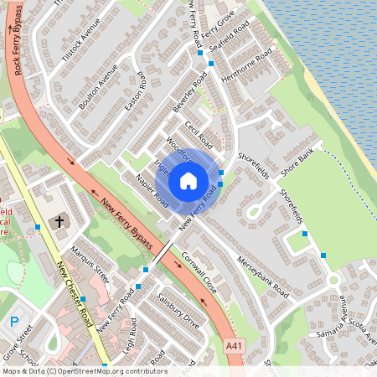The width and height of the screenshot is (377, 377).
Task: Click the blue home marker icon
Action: [188, 180]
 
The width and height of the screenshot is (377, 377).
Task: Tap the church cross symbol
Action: [59, 222]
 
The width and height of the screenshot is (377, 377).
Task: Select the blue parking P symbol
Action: [13, 322]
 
